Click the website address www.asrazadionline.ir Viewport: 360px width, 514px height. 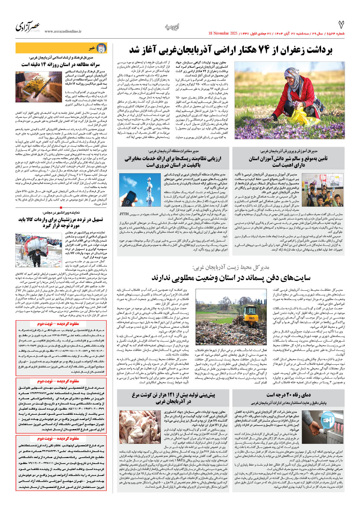(63, 32)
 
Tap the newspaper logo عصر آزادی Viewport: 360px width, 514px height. (28, 27)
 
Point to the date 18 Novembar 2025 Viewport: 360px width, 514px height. (223, 33)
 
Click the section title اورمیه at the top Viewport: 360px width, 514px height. (172, 27)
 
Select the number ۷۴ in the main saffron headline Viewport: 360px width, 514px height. (263, 50)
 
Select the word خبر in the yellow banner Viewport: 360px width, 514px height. (92, 48)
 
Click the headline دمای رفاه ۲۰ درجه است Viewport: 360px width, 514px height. (288, 395)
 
